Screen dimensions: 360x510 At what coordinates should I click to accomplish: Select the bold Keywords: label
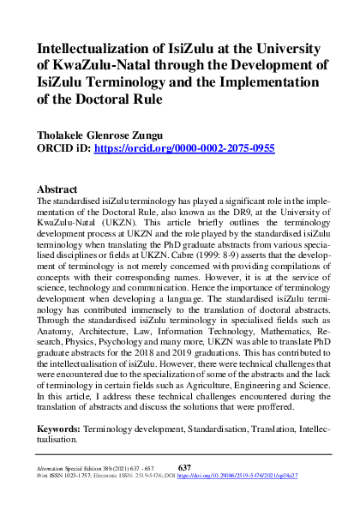tap(64, 427)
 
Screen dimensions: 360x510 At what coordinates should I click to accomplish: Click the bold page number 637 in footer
tap(183, 466)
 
